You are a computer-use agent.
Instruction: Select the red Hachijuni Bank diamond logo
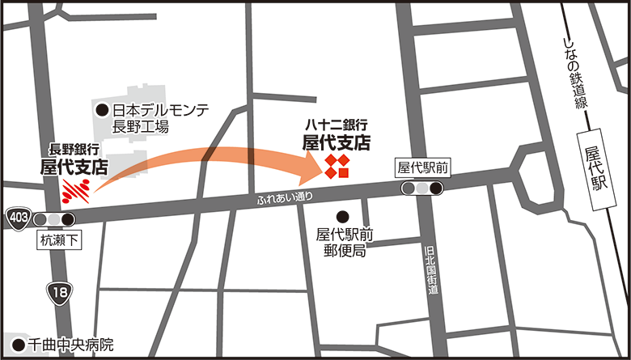tap(337, 167)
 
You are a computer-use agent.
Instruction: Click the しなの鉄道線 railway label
tap(574, 73)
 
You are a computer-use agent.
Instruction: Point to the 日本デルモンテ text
tap(161, 110)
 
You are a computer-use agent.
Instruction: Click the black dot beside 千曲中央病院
tap(19, 343)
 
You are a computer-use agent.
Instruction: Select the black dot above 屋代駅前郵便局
tap(342, 216)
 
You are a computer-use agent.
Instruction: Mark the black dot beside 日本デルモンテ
tap(102, 110)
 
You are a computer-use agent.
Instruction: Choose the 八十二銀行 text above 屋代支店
tap(337, 125)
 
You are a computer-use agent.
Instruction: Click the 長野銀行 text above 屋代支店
tap(74, 150)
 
